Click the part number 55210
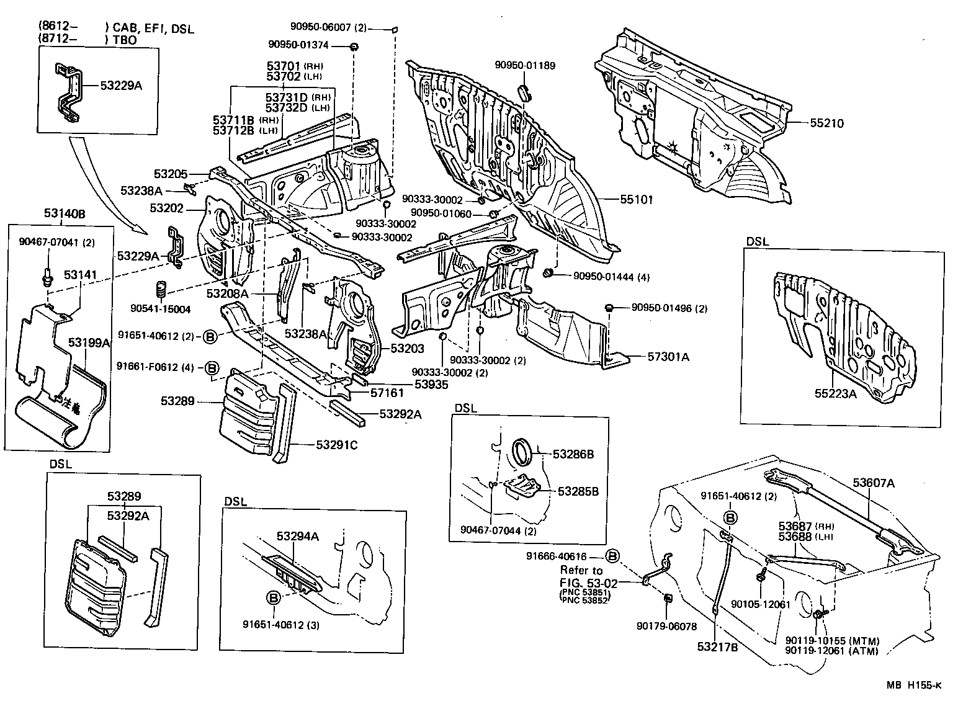[x=826, y=123]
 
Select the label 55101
[x=637, y=199]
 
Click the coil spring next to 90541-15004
[x=161, y=290]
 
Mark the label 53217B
[x=717, y=646]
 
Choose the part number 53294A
[x=298, y=536]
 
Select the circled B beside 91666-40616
[x=612, y=556]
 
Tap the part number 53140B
[x=64, y=214]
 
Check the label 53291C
[x=337, y=444]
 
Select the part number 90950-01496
[x=660, y=308]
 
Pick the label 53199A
[x=89, y=342]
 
